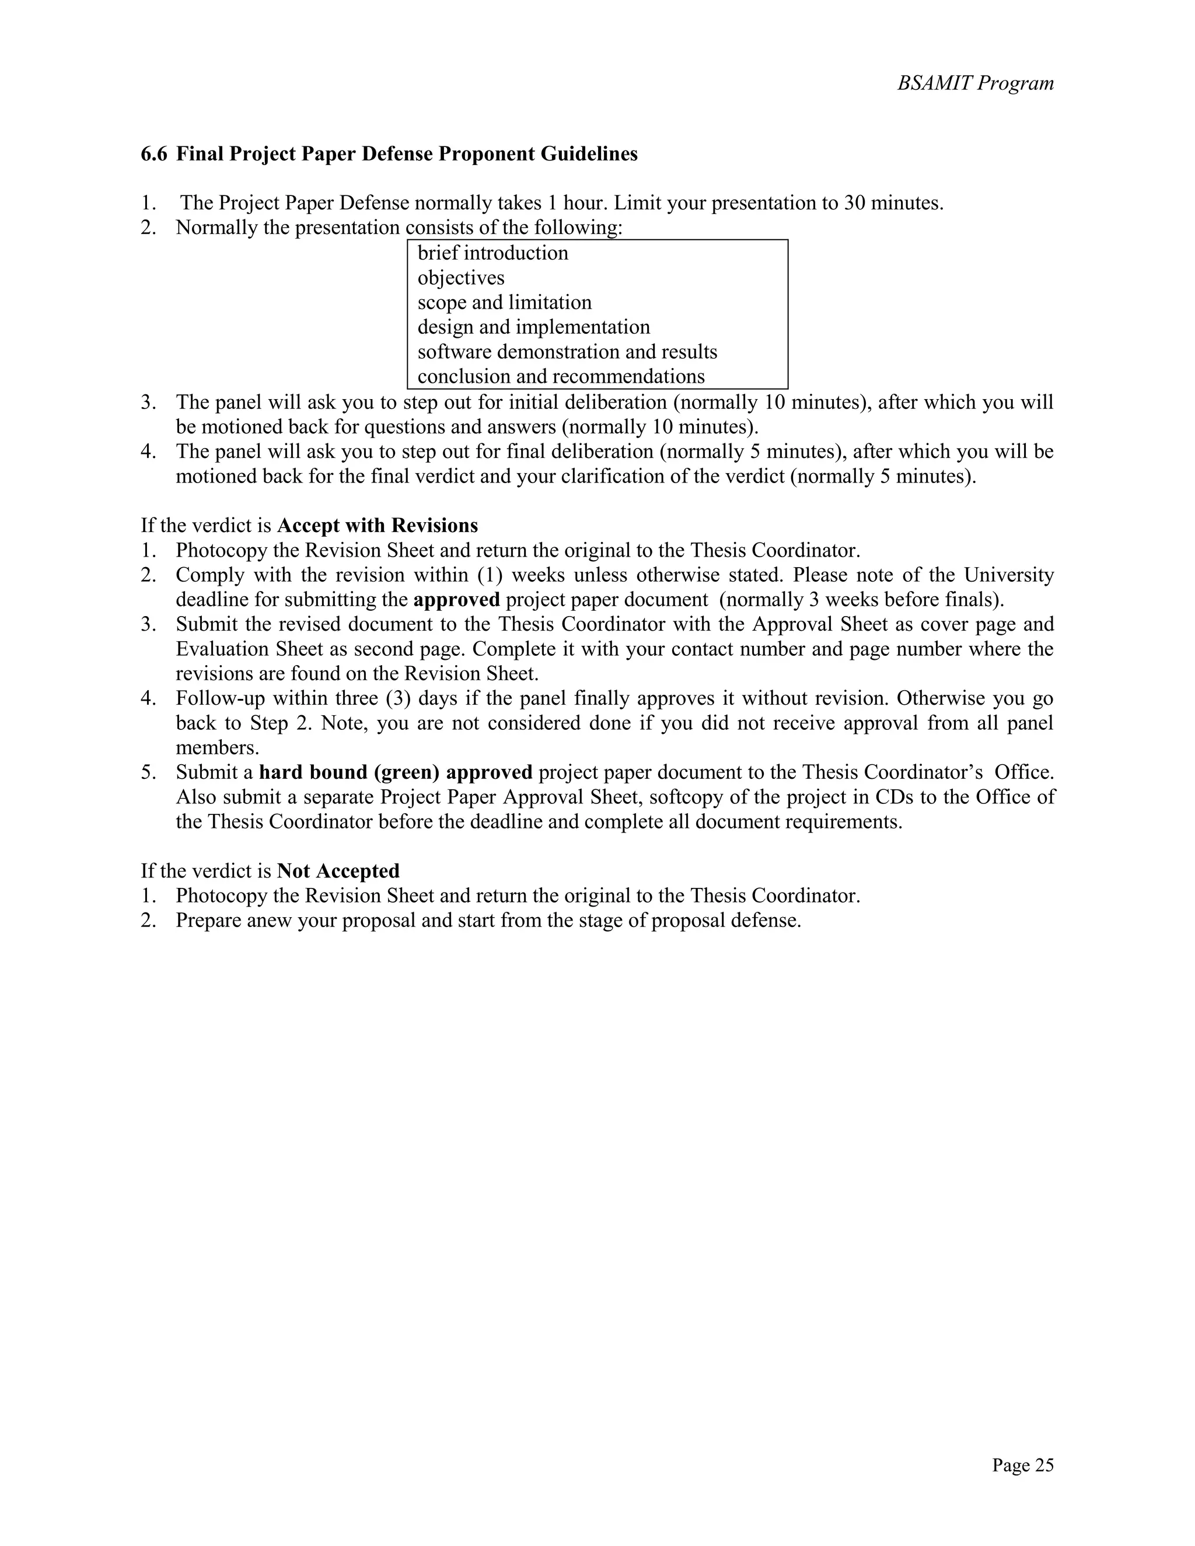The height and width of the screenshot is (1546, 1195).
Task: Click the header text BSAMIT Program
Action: pyautogui.click(x=975, y=83)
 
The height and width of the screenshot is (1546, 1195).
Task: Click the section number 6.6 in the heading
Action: pyautogui.click(x=153, y=153)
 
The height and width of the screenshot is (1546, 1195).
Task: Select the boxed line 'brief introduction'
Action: pyautogui.click(x=492, y=253)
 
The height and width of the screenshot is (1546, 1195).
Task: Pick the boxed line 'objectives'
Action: pyautogui.click(x=461, y=278)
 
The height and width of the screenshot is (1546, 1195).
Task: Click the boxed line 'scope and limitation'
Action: pyautogui.click(x=504, y=303)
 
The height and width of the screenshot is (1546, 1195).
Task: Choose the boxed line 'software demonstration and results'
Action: pyautogui.click(x=567, y=352)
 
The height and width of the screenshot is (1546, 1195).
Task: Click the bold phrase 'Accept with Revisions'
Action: pyautogui.click(x=378, y=526)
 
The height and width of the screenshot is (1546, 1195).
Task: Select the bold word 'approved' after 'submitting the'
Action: pyautogui.click(x=457, y=600)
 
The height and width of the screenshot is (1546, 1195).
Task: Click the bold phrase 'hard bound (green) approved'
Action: pyautogui.click(x=396, y=772)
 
